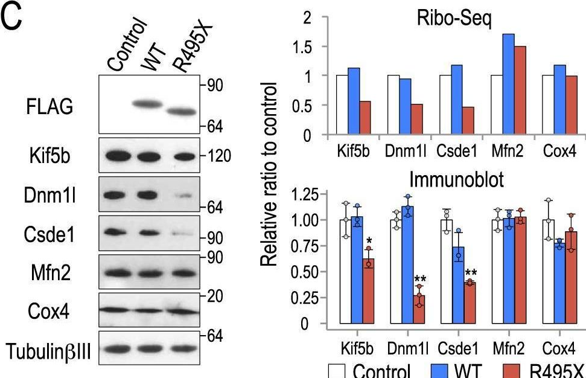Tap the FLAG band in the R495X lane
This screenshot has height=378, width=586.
coord(182,112)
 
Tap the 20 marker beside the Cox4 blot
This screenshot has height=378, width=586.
coord(211,296)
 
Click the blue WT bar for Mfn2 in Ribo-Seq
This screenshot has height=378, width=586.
coord(508,85)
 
